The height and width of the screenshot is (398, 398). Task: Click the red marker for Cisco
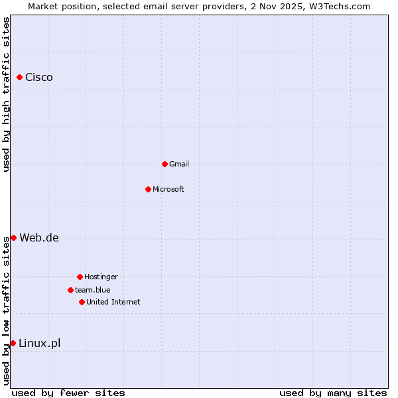pos(20,78)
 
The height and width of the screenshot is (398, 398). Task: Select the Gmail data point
pos(165,164)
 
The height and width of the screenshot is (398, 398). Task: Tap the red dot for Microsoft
pos(148,189)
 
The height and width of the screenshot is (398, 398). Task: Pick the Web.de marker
pos(13,237)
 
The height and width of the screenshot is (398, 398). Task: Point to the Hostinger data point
pos(80,277)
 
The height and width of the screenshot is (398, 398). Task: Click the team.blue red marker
pos(70,290)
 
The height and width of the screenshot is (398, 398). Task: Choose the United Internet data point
pos(82,302)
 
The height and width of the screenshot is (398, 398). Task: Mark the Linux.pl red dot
pos(13,343)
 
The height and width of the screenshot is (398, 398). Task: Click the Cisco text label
pos(39,78)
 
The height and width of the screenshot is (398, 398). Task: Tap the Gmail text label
pos(179,164)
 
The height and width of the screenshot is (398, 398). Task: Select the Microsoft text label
pos(168,189)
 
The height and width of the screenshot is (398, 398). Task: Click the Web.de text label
pos(39,238)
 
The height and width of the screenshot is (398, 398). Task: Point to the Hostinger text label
pos(101,277)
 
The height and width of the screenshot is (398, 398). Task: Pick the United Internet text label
pos(113,302)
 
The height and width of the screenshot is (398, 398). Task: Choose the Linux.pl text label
pos(39,343)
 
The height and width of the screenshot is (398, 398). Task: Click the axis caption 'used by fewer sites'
pos(68,393)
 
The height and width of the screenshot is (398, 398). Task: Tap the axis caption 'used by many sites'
pos(333,393)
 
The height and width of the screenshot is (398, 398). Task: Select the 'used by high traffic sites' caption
pos(6,94)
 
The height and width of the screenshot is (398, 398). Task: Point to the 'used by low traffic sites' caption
pos(6,310)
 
